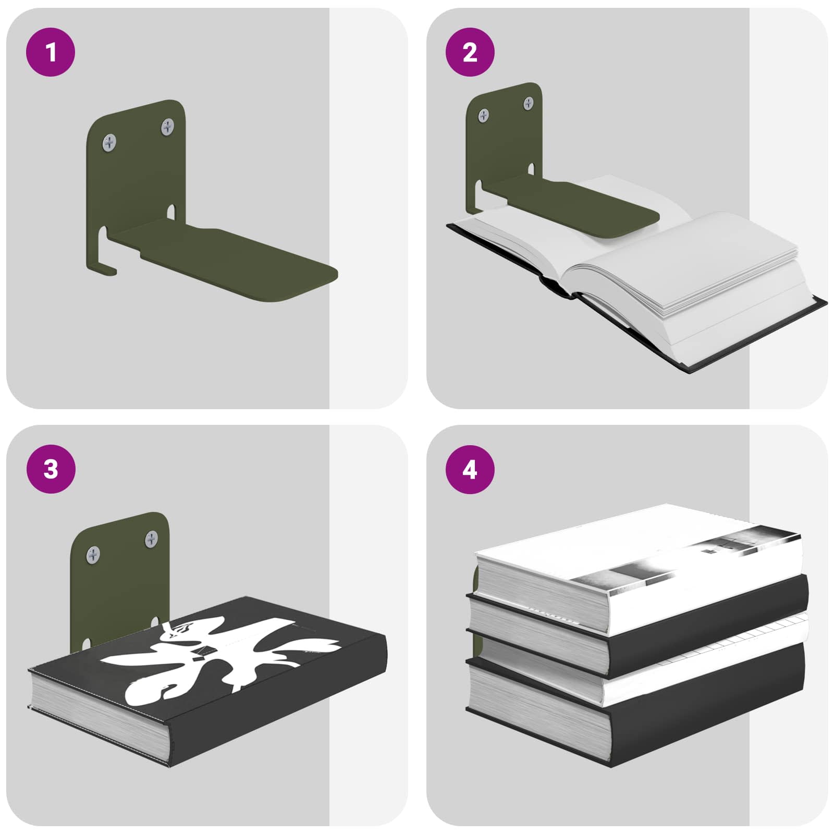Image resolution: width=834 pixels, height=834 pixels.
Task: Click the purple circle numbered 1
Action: [51, 53]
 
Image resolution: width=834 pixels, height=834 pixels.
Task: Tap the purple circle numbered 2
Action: [470, 53]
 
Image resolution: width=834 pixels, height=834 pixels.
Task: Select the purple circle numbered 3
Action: [51, 469]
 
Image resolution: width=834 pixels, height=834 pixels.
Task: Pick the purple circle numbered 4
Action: [470, 469]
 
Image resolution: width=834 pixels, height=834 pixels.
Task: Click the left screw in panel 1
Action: [109, 142]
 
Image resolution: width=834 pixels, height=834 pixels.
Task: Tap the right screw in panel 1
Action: [167, 126]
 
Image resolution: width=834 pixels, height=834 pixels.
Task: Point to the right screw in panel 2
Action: [529, 103]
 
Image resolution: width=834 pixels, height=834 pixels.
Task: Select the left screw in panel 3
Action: [93, 555]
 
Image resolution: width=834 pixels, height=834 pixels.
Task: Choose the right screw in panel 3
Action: [152, 538]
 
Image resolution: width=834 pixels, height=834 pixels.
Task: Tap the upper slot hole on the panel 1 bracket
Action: [171, 211]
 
